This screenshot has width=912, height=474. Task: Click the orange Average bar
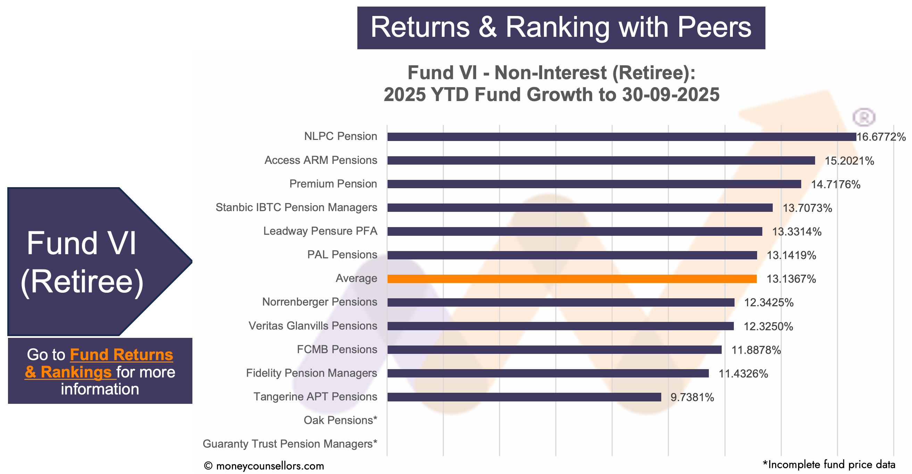coord(572,279)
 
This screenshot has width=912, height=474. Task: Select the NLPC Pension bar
coord(621,136)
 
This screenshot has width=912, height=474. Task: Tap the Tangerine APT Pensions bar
coord(524,397)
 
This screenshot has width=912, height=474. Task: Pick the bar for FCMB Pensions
coord(554,350)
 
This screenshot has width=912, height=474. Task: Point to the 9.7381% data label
coord(692,398)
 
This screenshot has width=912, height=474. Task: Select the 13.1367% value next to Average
coord(791,279)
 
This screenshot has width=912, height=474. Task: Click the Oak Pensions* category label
coord(340,420)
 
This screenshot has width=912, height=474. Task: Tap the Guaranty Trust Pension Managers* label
coord(290,444)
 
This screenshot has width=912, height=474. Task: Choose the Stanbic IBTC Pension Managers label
coord(296,207)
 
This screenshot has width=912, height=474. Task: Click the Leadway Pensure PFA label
coord(320,231)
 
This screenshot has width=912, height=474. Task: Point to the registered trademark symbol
coord(863,117)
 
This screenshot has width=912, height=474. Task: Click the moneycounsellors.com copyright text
coord(264,466)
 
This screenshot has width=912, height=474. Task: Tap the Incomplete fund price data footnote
coord(829,464)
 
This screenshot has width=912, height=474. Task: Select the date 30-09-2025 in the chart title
coord(671,95)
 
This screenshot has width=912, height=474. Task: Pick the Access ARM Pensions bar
coord(601,160)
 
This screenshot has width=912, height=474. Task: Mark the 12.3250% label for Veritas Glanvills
coord(768,326)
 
